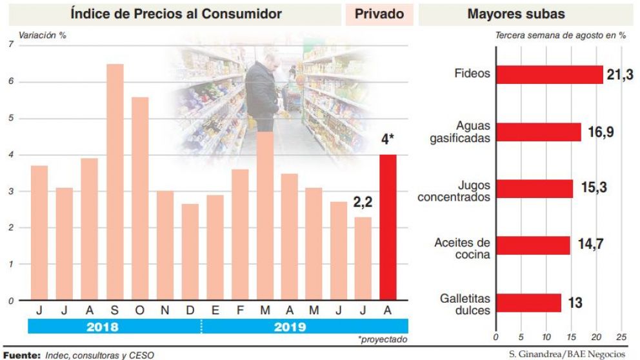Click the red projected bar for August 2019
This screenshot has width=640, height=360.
point(388,227)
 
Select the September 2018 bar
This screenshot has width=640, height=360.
point(115,182)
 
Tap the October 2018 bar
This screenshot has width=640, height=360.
point(140,199)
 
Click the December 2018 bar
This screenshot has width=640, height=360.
point(190,252)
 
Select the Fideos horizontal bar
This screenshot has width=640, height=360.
point(549,75)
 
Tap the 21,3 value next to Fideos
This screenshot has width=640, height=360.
point(618,75)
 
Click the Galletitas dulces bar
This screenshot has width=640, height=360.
point(528,303)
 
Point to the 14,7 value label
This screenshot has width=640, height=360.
point(588,245)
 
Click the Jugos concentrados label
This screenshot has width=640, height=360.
point(454,191)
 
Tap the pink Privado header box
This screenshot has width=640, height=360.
point(379,14)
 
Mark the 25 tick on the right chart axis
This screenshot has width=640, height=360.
point(621,337)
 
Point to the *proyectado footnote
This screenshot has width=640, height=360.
point(383,339)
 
